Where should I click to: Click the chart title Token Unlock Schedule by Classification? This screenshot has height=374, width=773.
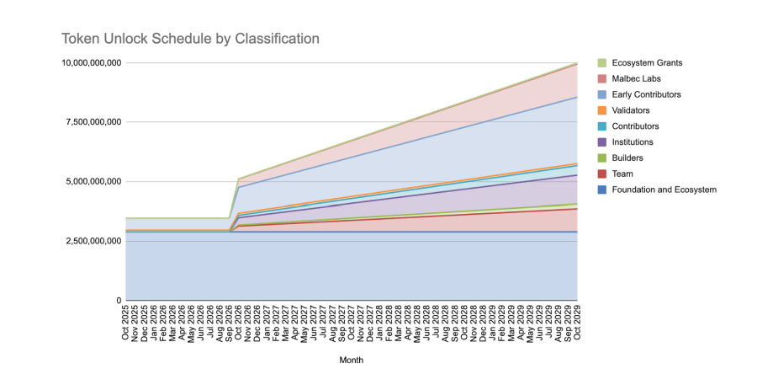coord(190,39)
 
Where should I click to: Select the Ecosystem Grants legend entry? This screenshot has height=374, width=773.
coord(646,63)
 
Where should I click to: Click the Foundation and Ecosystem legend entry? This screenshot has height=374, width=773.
coord(664,190)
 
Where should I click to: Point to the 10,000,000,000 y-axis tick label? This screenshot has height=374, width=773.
coord(91,63)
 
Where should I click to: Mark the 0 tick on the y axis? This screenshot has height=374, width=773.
coord(119,301)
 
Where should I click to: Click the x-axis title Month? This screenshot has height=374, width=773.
coord(352,360)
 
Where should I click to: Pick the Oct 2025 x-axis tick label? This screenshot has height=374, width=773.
coord(126,322)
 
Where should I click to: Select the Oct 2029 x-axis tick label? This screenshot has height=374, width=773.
coord(577,322)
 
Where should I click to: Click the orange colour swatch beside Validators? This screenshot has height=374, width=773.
coord(601,110)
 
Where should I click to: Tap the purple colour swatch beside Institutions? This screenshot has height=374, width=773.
coord(601,142)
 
